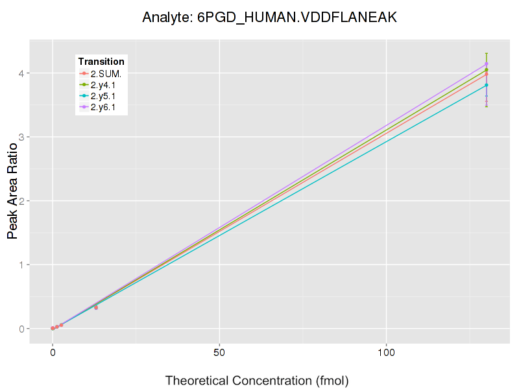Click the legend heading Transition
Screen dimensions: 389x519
point(101,62)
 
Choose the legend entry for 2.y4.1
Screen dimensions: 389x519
point(103,85)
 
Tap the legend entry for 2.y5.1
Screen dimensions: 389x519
point(103,96)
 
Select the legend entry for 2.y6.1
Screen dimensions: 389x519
point(103,107)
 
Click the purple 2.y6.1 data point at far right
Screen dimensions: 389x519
point(486,64)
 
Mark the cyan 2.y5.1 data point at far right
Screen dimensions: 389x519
point(486,85)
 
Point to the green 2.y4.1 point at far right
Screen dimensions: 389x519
point(486,70)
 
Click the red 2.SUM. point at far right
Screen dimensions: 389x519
point(486,74)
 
